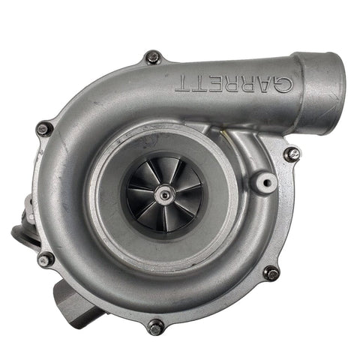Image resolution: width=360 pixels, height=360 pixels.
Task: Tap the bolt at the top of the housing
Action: coord(153,57)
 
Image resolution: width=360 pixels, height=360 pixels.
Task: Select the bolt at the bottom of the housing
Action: coord(156,326)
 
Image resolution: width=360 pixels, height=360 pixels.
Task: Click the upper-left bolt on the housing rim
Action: coord(43,128)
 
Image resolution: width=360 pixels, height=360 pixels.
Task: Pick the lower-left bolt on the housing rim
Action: coord(46,259)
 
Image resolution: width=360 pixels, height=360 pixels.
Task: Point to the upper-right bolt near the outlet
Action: coord(291,154)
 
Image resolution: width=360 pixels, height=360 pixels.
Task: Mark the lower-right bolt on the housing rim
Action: coord(271,273)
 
